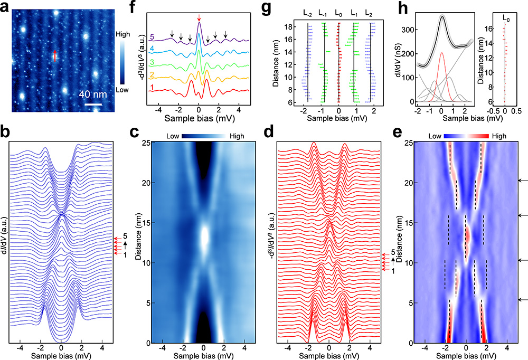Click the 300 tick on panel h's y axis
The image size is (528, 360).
(x=407, y=24)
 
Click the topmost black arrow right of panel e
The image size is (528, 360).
(x=523, y=181)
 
